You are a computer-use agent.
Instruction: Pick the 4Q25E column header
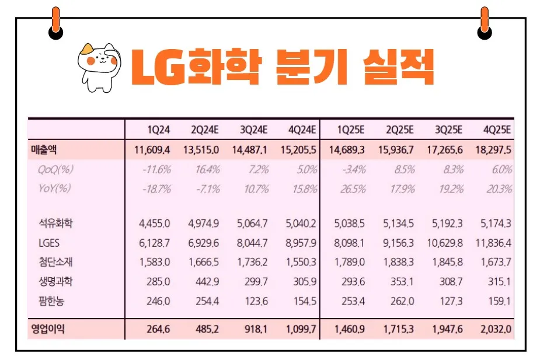click(x=497, y=130)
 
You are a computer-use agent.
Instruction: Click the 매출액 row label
click(x=44, y=150)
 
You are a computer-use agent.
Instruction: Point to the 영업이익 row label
click(x=48, y=330)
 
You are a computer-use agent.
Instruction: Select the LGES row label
click(x=49, y=242)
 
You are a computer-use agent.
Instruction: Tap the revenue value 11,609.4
click(x=152, y=150)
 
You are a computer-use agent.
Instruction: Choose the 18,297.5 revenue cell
click(x=493, y=150)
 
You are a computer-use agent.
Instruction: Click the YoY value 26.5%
click(x=352, y=189)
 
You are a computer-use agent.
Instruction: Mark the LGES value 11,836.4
click(x=493, y=242)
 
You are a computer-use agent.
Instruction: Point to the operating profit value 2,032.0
click(x=496, y=330)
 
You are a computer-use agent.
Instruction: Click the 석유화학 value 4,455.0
click(x=155, y=223)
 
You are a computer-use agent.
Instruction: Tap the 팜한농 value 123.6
click(x=255, y=301)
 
